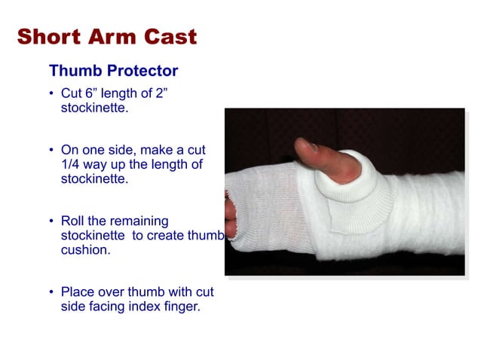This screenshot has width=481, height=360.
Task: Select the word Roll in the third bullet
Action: (74, 221)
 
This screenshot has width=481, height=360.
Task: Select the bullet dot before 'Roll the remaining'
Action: (51, 221)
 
